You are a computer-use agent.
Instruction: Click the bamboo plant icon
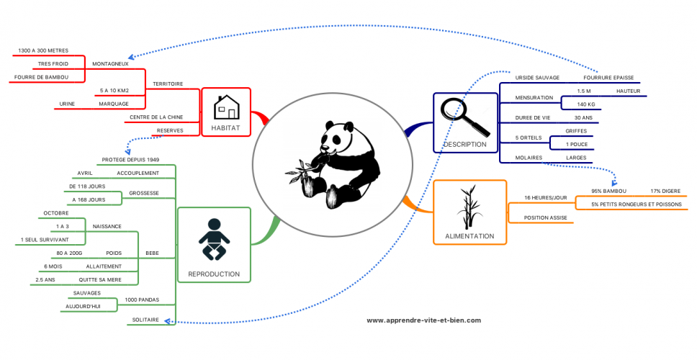[469, 207]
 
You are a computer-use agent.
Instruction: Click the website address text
[423, 320]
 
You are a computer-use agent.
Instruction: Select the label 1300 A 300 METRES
[43, 50]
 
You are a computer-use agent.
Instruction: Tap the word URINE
[68, 104]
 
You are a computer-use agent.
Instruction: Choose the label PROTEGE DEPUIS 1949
[130, 159]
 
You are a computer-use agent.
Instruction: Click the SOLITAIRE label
[145, 319]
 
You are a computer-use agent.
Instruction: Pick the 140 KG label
[586, 104]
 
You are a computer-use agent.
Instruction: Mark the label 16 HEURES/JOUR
[546, 197]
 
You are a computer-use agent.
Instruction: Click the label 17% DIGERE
[665, 191]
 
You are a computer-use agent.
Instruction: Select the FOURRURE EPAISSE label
[607, 77]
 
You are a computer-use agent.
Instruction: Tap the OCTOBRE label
[56, 213]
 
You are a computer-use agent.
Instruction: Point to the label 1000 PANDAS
[142, 299]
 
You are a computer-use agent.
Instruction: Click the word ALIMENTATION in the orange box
[469, 235]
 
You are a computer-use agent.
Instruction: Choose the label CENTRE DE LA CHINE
[156, 117]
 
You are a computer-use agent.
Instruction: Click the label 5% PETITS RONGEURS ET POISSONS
[636, 204]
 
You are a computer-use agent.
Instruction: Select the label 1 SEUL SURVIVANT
[45, 239]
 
